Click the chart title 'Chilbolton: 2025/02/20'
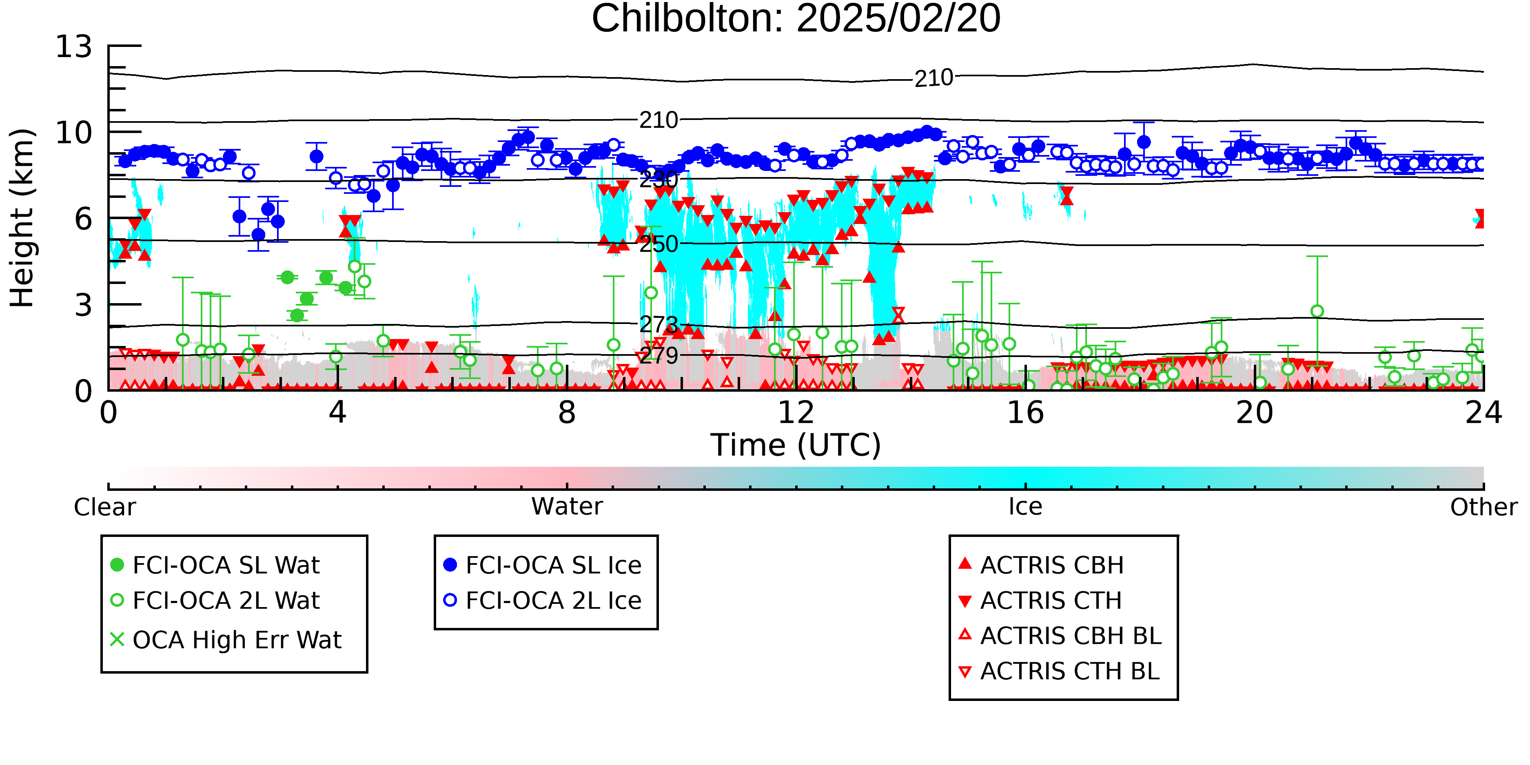[796, 19]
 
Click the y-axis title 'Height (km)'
[22, 218]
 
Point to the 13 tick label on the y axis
[74, 47]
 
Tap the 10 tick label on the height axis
[74, 133]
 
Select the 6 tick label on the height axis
[84, 219]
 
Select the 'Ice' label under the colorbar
[1025, 507]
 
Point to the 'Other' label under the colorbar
[1483, 507]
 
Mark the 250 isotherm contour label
[659, 244]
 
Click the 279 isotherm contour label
[659, 355]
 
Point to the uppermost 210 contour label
[934, 78]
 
